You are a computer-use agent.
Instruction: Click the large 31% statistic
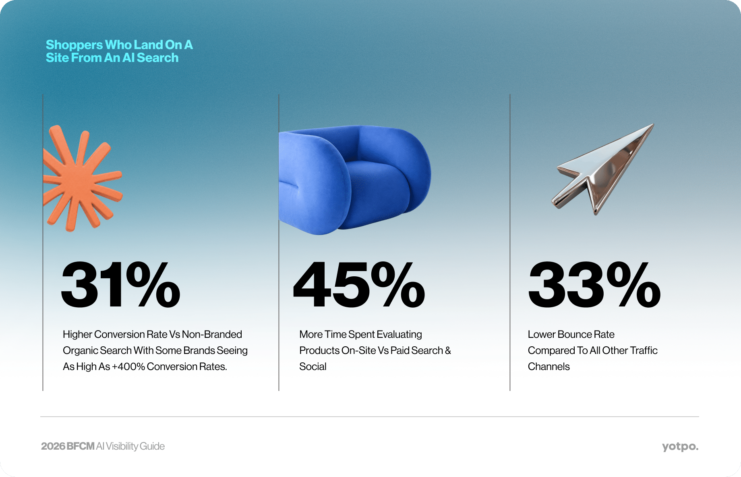point(121,285)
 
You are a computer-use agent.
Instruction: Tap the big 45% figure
point(359,285)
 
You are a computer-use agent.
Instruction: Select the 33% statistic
point(594,285)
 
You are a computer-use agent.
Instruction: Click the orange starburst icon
point(82,178)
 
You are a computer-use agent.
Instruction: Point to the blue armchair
point(354,180)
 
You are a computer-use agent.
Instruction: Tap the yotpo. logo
point(680,446)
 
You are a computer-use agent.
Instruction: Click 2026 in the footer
point(53,446)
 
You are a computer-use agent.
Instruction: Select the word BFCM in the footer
point(81,446)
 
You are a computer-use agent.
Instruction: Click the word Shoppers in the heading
point(75,45)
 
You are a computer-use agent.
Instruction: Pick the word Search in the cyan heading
point(157,58)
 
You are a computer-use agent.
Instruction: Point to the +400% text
point(128,366)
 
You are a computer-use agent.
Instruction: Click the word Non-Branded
point(212,334)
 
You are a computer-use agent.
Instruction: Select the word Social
point(313,366)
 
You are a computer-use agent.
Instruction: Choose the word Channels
point(549,366)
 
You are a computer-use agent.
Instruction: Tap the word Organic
point(80,351)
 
